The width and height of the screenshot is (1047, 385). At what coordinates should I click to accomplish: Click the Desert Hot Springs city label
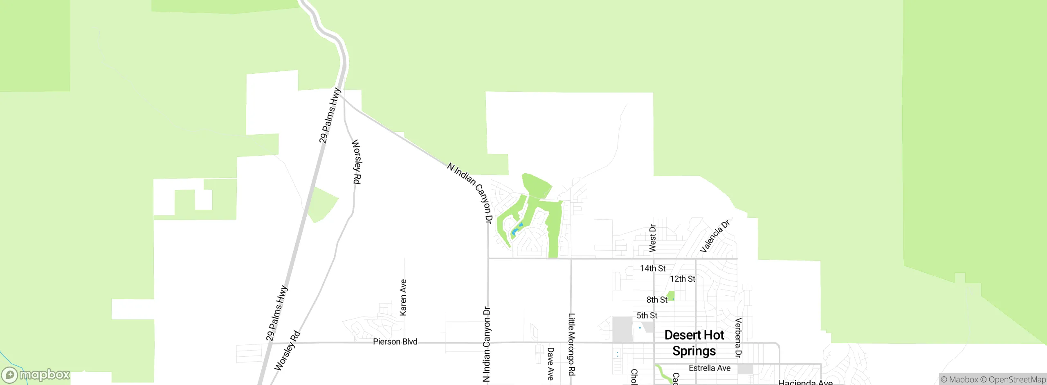pos(694,343)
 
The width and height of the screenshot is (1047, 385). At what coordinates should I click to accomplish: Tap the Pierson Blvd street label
pos(395,342)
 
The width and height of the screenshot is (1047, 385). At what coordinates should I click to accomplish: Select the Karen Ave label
pos(403,297)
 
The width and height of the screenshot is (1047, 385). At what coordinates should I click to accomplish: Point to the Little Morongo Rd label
pos(571,344)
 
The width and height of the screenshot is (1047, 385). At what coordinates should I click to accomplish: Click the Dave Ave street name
pos(550,364)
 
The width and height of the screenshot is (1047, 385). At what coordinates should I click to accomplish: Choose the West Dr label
pos(653,238)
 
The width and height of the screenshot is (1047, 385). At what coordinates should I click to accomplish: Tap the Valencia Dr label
pos(714,237)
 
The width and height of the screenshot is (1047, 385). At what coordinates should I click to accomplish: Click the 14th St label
pos(653,268)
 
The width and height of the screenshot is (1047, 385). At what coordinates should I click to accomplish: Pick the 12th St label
pos(683,279)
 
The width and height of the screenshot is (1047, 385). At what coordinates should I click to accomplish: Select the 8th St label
pos(657,300)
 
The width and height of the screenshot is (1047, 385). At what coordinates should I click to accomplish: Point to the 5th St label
pos(647,315)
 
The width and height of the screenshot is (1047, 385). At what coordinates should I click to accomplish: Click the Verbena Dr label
pos(738,337)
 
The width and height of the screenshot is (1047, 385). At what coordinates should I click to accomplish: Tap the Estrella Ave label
pos(710,368)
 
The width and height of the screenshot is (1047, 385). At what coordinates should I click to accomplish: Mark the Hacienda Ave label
pos(805,382)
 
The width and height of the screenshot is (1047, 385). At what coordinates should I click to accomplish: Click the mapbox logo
pos(36,374)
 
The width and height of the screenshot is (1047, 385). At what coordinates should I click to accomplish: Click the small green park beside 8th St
pos(671,295)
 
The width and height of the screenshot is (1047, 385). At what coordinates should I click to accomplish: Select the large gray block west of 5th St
pos(622,329)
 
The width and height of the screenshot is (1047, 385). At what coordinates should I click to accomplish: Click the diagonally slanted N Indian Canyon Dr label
pos(470,192)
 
